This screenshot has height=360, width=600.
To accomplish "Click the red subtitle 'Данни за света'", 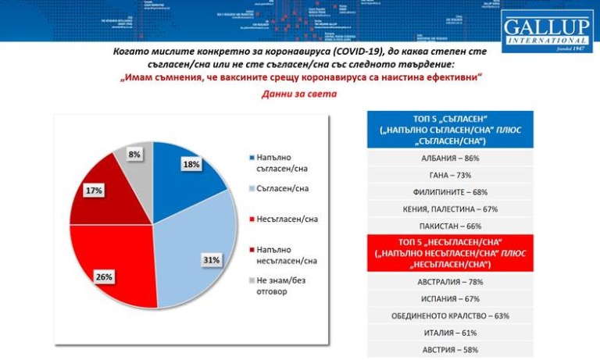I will [x=299, y=95].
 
